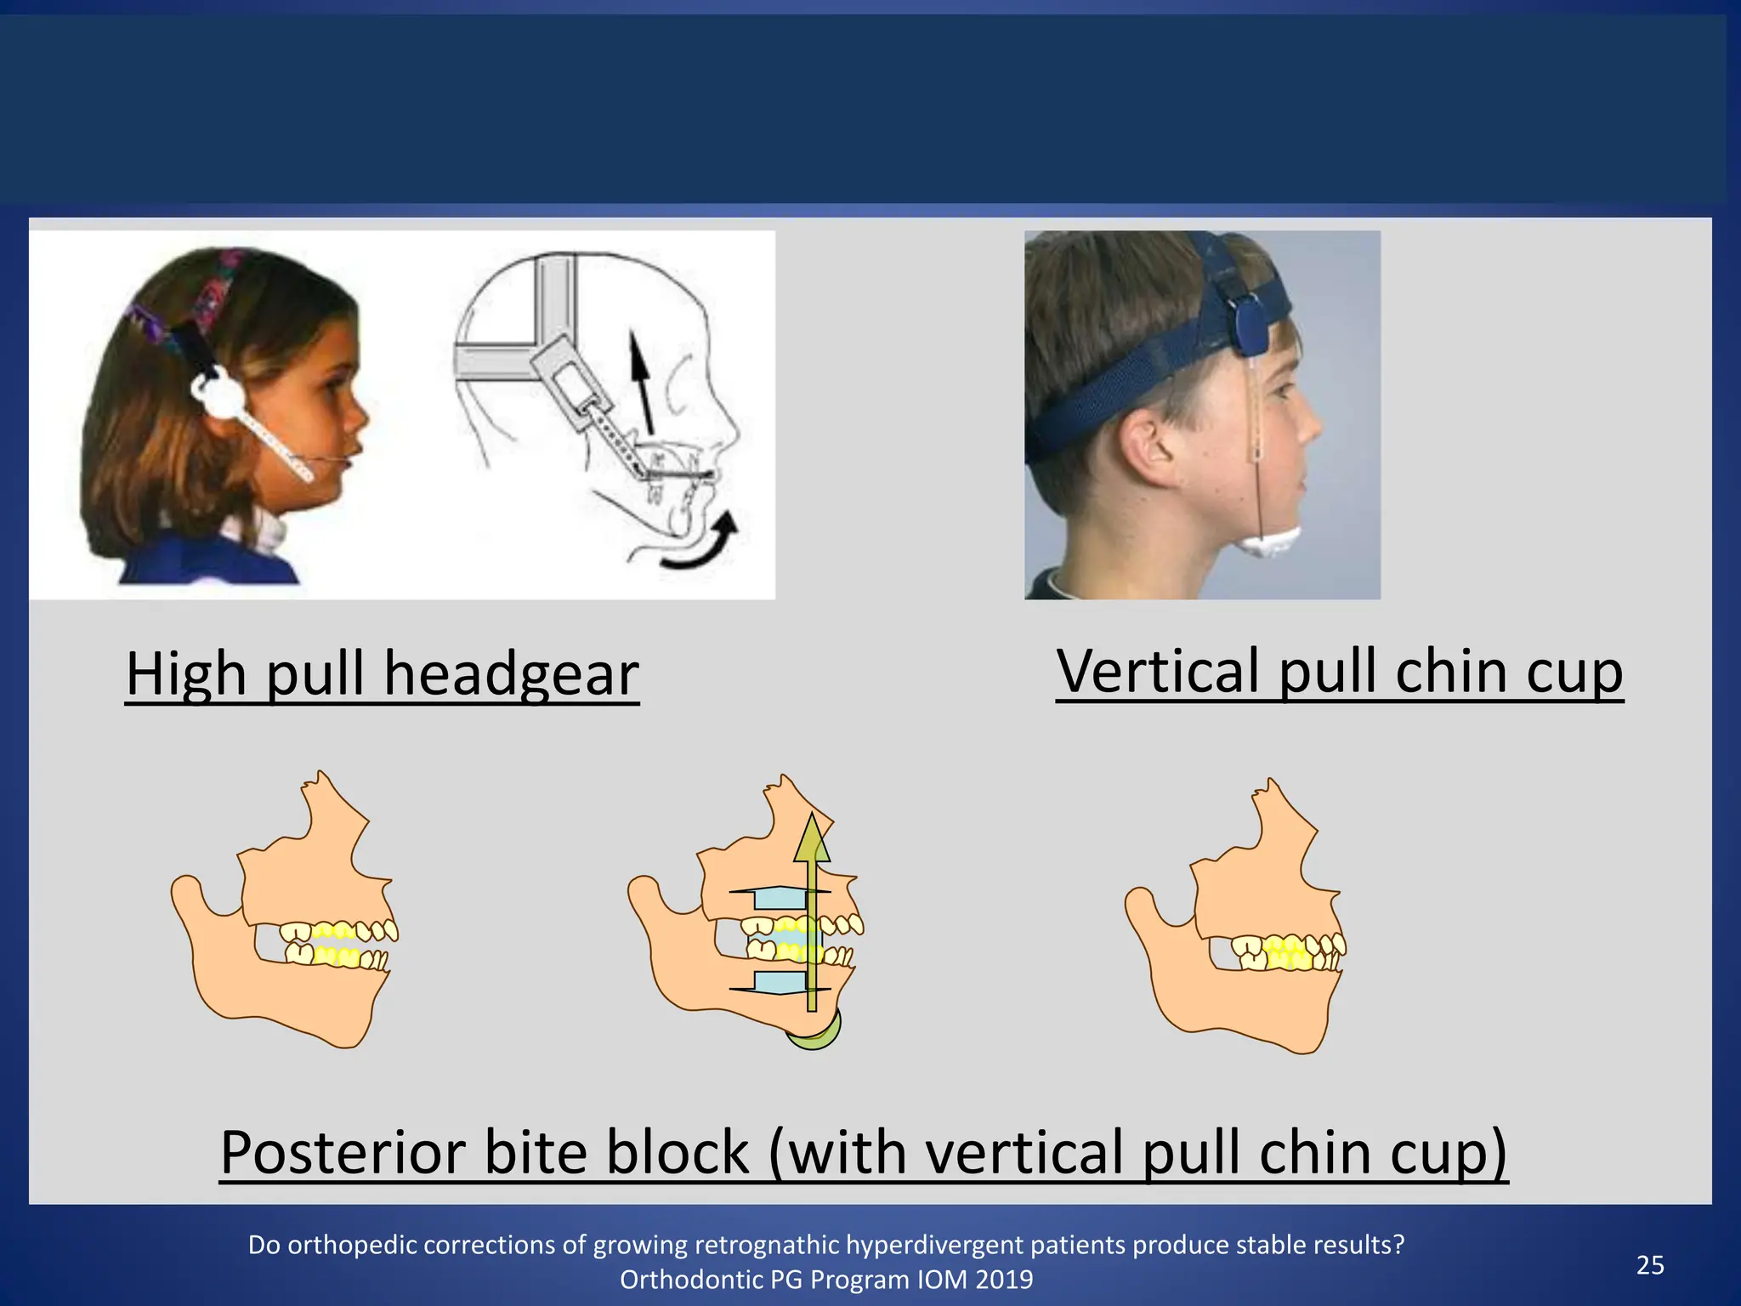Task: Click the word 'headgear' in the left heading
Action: [511, 674]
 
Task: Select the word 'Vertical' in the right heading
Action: [1156, 671]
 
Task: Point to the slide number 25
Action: [1650, 1265]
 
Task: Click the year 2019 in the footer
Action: [1007, 1280]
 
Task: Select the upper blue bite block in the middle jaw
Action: [779, 898]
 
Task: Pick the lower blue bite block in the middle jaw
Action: [779, 982]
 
